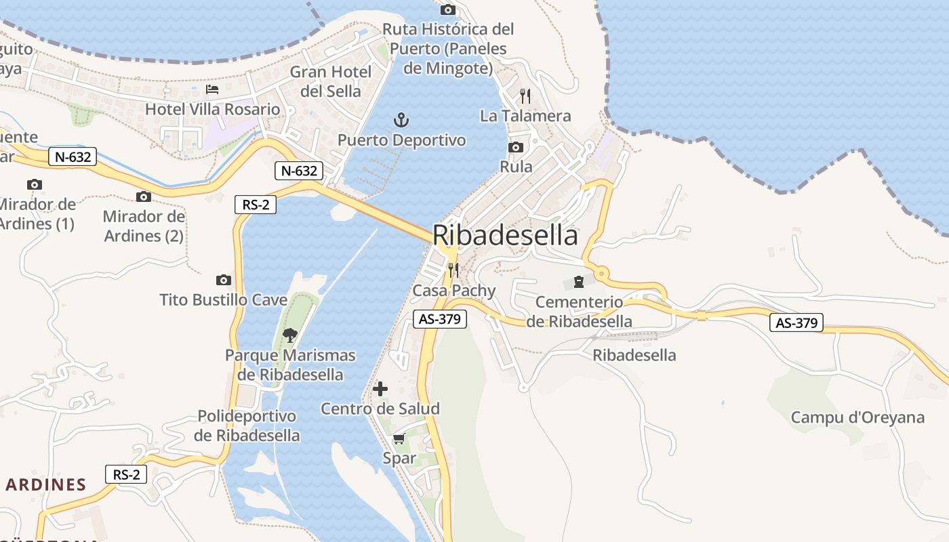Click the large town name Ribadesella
point(505,235)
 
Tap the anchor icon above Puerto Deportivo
point(402,121)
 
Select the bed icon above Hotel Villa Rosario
point(212,89)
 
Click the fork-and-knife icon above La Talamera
point(525,96)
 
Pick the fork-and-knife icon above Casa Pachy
point(453,270)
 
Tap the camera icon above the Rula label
point(516,147)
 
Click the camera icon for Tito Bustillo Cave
point(223,280)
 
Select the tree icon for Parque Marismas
point(290,334)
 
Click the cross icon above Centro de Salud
point(380,389)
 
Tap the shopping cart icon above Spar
point(399,438)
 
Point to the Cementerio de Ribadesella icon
point(578,281)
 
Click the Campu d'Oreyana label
point(857,417)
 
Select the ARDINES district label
point(46,484)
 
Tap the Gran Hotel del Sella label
point(331,81)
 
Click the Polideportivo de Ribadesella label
point(247,425)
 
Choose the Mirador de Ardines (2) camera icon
point(143,196)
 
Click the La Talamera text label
point(525,116)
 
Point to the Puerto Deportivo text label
point(402,140)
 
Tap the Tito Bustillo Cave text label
point(223,299)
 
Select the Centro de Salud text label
point(380,409)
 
